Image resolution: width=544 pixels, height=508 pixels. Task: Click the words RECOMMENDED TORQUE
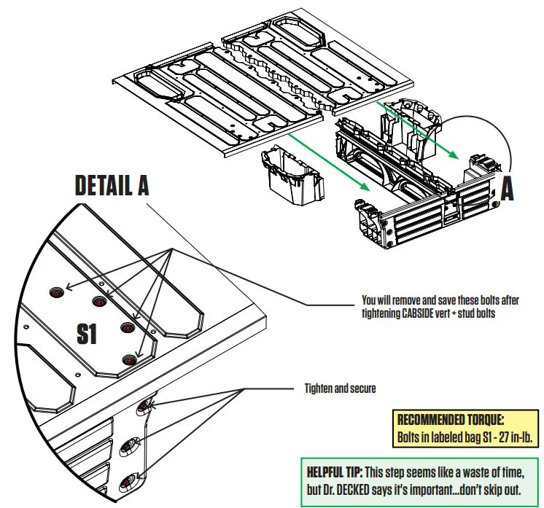tap(450, 420)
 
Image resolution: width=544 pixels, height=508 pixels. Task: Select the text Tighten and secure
tap(340, 388)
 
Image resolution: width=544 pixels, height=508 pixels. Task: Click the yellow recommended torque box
tap(464, 429)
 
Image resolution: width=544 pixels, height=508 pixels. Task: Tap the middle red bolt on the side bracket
tap(135, 443)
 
